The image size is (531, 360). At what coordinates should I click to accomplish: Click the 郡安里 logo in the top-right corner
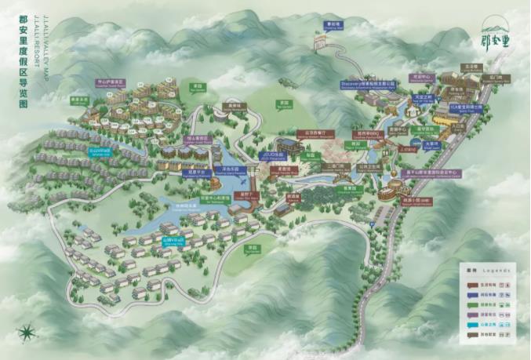click(x=494, y=35)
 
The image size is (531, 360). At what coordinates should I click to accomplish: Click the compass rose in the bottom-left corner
click(x=28, y=332)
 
